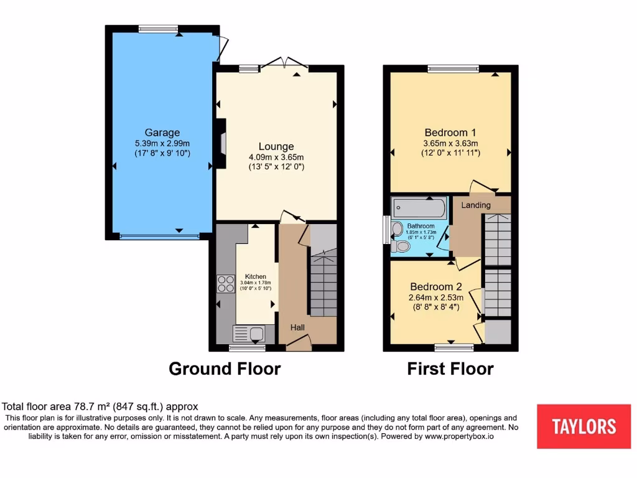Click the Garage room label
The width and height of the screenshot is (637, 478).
click(x=162, y=133)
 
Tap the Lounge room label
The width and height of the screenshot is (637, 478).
click(x=276, y=147)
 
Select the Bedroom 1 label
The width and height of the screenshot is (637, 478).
click(x=450, y=133)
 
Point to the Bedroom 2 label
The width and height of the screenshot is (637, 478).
click(x=435, y=287)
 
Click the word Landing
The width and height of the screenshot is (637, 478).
click(x=476, y=205)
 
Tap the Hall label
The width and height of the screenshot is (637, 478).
click(x=298, y=327)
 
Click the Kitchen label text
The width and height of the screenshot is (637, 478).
click(x=255, y=276)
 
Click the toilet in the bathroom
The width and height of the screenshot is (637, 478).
click(x=402, y=247)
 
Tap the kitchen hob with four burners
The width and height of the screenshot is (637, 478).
click(x=224, y=284)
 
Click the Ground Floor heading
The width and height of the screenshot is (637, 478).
click(x=225, y=369)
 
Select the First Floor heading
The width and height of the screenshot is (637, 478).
click(x=450, y=369)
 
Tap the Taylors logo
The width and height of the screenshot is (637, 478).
click(x=584, y=426)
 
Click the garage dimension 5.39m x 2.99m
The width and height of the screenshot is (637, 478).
click(x=162, y=144)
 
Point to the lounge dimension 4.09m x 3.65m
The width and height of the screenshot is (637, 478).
click(x=276, y=158)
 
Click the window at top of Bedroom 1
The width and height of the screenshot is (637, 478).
click(x=453, y=68)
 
